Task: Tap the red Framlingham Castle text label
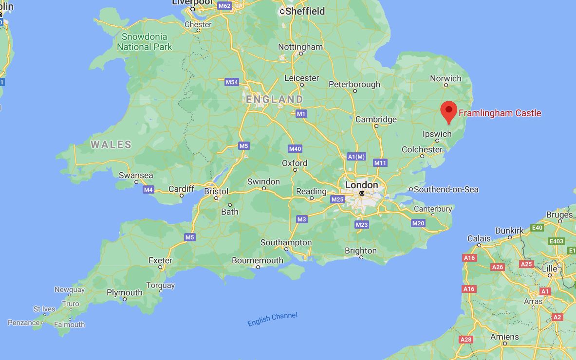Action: pos(500,113)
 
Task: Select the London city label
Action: pos(361,185)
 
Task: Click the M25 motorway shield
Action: pos(337,199)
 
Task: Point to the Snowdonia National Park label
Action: pos(145,42)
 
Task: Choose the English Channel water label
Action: pos(272,319)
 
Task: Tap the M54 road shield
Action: pos(232,82)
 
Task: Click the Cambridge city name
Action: pos(376,119)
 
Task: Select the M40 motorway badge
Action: pos(295,148)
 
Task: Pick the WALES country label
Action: pos(111,144)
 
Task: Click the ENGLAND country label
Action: pos(274,99)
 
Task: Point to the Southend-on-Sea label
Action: pos(446,189)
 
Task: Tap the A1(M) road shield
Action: pos(356,156)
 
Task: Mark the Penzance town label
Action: pos(23,323)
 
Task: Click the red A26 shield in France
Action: pos(498,267)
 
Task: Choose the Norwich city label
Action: pos(446,78)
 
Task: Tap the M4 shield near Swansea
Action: pos(149,189)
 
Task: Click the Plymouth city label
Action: pos(125,292)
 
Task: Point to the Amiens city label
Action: pos(504,337)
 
